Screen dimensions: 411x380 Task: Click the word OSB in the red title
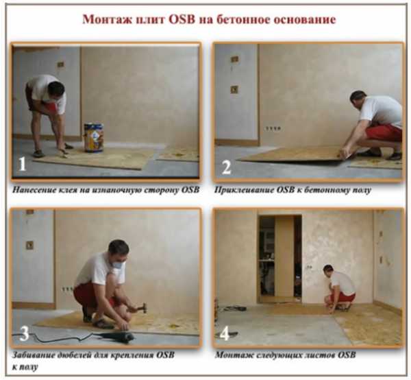point(182,19)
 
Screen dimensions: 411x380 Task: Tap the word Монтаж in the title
point(108,20)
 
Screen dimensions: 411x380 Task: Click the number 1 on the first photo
point(22,164)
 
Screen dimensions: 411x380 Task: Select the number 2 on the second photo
point(227,167)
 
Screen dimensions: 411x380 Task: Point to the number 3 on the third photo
point(24,333)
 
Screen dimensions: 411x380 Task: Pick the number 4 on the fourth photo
point(225,334)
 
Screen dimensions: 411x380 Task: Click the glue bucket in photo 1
point(94,137)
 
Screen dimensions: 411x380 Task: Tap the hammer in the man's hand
point(139,307)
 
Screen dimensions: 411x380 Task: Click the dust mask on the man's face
point(119,263)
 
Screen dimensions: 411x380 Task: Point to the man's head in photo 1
point(56,89)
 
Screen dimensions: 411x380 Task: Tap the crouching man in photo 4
point(340,288)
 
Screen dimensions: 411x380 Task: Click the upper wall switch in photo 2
point(234,59)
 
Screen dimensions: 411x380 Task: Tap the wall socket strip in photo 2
point(273,128)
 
